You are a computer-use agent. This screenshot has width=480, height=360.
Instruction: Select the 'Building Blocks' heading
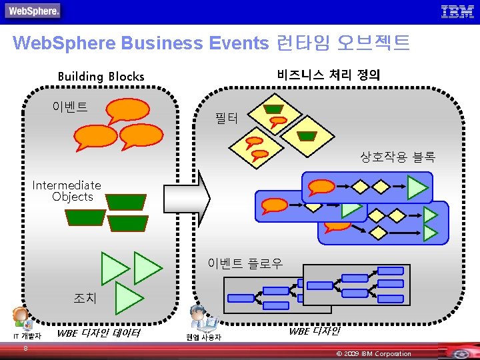point(101,76)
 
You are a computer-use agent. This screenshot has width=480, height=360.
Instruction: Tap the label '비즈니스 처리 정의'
point(329,75)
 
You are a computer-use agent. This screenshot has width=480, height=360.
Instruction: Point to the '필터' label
point(226,119)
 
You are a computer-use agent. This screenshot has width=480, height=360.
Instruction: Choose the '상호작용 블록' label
point(397,157)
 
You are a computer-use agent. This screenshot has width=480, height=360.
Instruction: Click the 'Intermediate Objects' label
point(67,191)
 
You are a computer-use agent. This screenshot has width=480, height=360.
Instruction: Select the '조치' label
point(85,298)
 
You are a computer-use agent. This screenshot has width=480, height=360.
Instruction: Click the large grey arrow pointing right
point(187,197)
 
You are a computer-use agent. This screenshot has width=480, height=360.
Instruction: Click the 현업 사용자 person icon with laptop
point(203,319)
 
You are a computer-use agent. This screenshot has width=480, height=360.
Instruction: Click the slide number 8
point(25,348)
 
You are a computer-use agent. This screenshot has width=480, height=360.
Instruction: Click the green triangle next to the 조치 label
point(128,298)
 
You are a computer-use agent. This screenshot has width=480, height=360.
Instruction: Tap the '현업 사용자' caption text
point(203,337)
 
